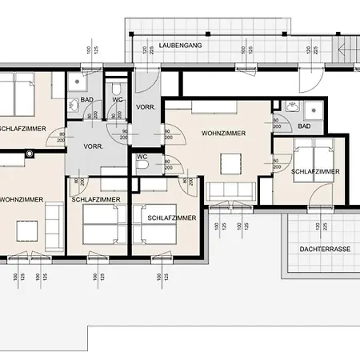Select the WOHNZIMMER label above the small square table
pyautogui.click(x=222, y=133)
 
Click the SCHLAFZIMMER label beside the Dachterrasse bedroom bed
pyautogui.click(x=315, y=171)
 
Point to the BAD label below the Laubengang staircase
pyautogui.click(x=304, y=126)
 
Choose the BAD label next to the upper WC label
pyautogui.click(x=90, y=101)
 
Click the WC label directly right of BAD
pyautogui.click(x=116, y=101)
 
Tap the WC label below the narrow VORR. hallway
pyautogui.click(x=143, y=157)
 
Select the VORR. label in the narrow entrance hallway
pyautogui.click(x=146, y=107)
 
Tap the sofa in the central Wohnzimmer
pyautogui.click(x=230, y=191)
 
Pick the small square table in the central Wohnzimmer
pyautogui.click(x=232, y=163)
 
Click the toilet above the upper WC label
pyautogui.click(x=118, y=87)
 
